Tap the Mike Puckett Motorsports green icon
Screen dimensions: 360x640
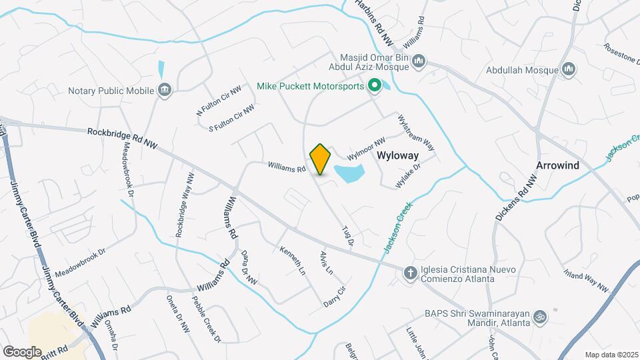[x=375, y=85]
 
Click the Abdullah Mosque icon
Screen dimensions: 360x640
[x=569, y=69]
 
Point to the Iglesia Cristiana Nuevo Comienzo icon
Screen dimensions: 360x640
[x=412, y=271]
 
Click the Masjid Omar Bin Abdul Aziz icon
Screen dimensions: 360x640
[x=419, y=62]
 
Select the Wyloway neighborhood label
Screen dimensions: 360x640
[x=397, y=155]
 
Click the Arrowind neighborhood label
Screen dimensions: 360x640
[x=558, y=165]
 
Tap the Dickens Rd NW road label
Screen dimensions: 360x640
[x=516, y=199]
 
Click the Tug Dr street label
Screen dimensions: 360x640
[x=347, y=236]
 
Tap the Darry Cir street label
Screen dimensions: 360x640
[x=335, y=293]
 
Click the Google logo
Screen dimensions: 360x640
[x=22, y=351]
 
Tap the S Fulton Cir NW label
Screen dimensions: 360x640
[x=231, y=118]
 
